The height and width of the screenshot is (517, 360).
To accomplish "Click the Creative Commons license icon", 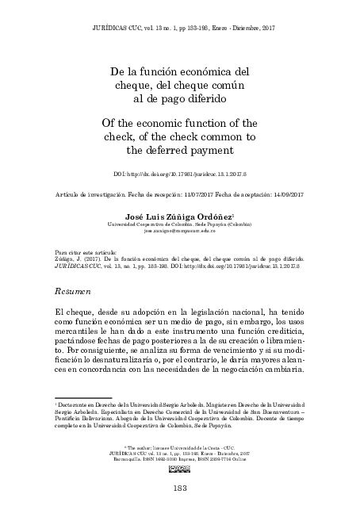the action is (180, 470).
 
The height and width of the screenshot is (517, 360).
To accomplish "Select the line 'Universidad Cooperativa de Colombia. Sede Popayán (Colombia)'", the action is (180, 224).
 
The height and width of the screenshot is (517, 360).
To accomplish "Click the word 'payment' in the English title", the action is (210, 149).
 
